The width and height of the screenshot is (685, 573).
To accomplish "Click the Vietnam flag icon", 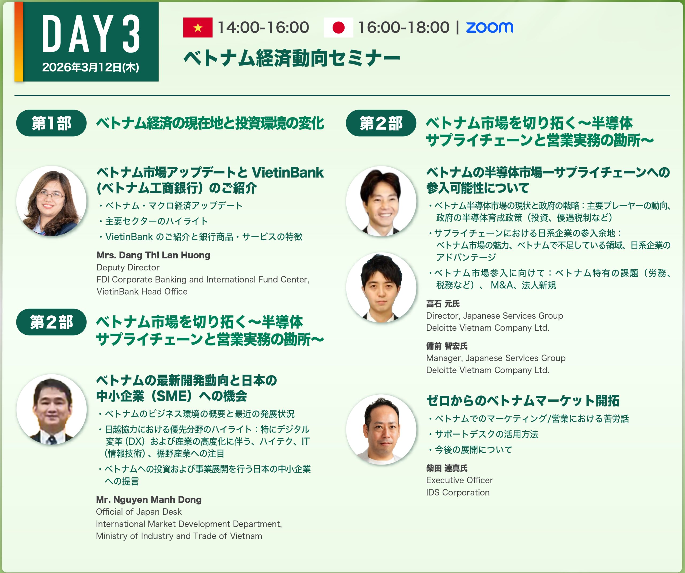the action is (x=198, y=27).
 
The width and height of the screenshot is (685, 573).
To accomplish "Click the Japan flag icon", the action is (x=338, y=27).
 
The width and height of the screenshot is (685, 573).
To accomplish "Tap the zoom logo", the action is (x=489, y=27).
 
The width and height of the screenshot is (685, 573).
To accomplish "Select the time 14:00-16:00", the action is (x=263, y=27).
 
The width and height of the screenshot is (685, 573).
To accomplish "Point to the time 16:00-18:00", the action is (x=404, y=27).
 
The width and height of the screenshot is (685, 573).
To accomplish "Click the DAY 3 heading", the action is (x=91, y=34).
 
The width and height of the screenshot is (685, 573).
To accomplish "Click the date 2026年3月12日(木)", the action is (x=91, y=67).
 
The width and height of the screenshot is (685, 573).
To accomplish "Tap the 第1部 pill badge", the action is (x=51, y=123).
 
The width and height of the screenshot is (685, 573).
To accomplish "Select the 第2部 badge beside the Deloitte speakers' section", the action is (x=381, y=123).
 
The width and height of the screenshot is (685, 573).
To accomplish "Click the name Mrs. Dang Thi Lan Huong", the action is (x=153, y=255).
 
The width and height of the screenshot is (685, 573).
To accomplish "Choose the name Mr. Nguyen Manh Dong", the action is (x=149, y=500).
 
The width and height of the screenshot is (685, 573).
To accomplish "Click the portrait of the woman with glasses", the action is (x=51, y=201).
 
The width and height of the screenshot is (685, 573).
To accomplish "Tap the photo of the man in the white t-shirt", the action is (x=381, y=430).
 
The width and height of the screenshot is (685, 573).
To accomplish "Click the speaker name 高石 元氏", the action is (x=443, y=304).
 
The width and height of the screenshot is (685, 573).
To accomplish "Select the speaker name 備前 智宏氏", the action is (x=447, y=346).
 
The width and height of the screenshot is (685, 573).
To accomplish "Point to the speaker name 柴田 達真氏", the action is (x=447, y=468).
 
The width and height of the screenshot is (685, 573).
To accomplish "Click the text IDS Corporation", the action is (x=458, y=492).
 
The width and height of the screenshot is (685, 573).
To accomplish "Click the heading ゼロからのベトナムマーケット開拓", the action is (x=523, y=401).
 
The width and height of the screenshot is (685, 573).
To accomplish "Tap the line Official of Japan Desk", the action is (x=139, y=512).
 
